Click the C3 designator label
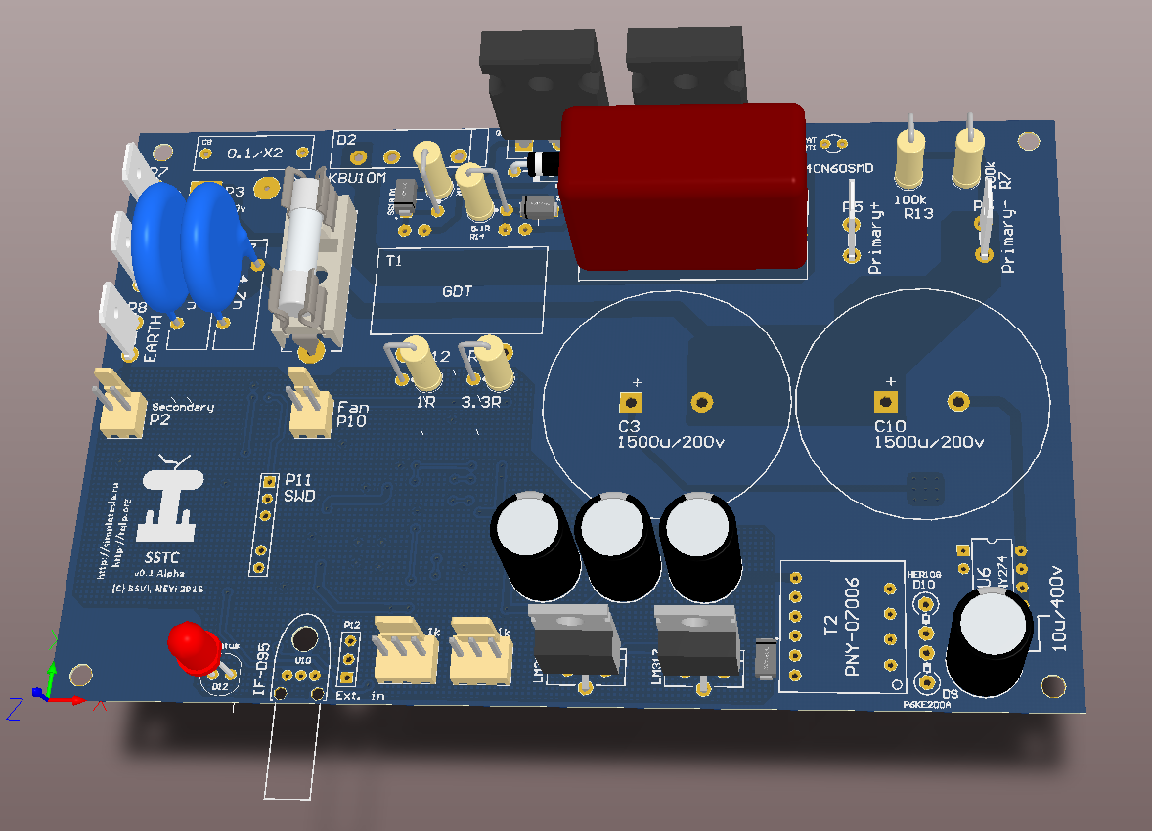click(629, 427)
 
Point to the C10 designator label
click(891, 427)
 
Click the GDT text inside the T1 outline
click(458, 290)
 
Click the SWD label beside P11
click(298, 497)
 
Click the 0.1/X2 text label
click(254, 153)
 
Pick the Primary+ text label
click(875, 240)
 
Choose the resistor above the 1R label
click(412, 359)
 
